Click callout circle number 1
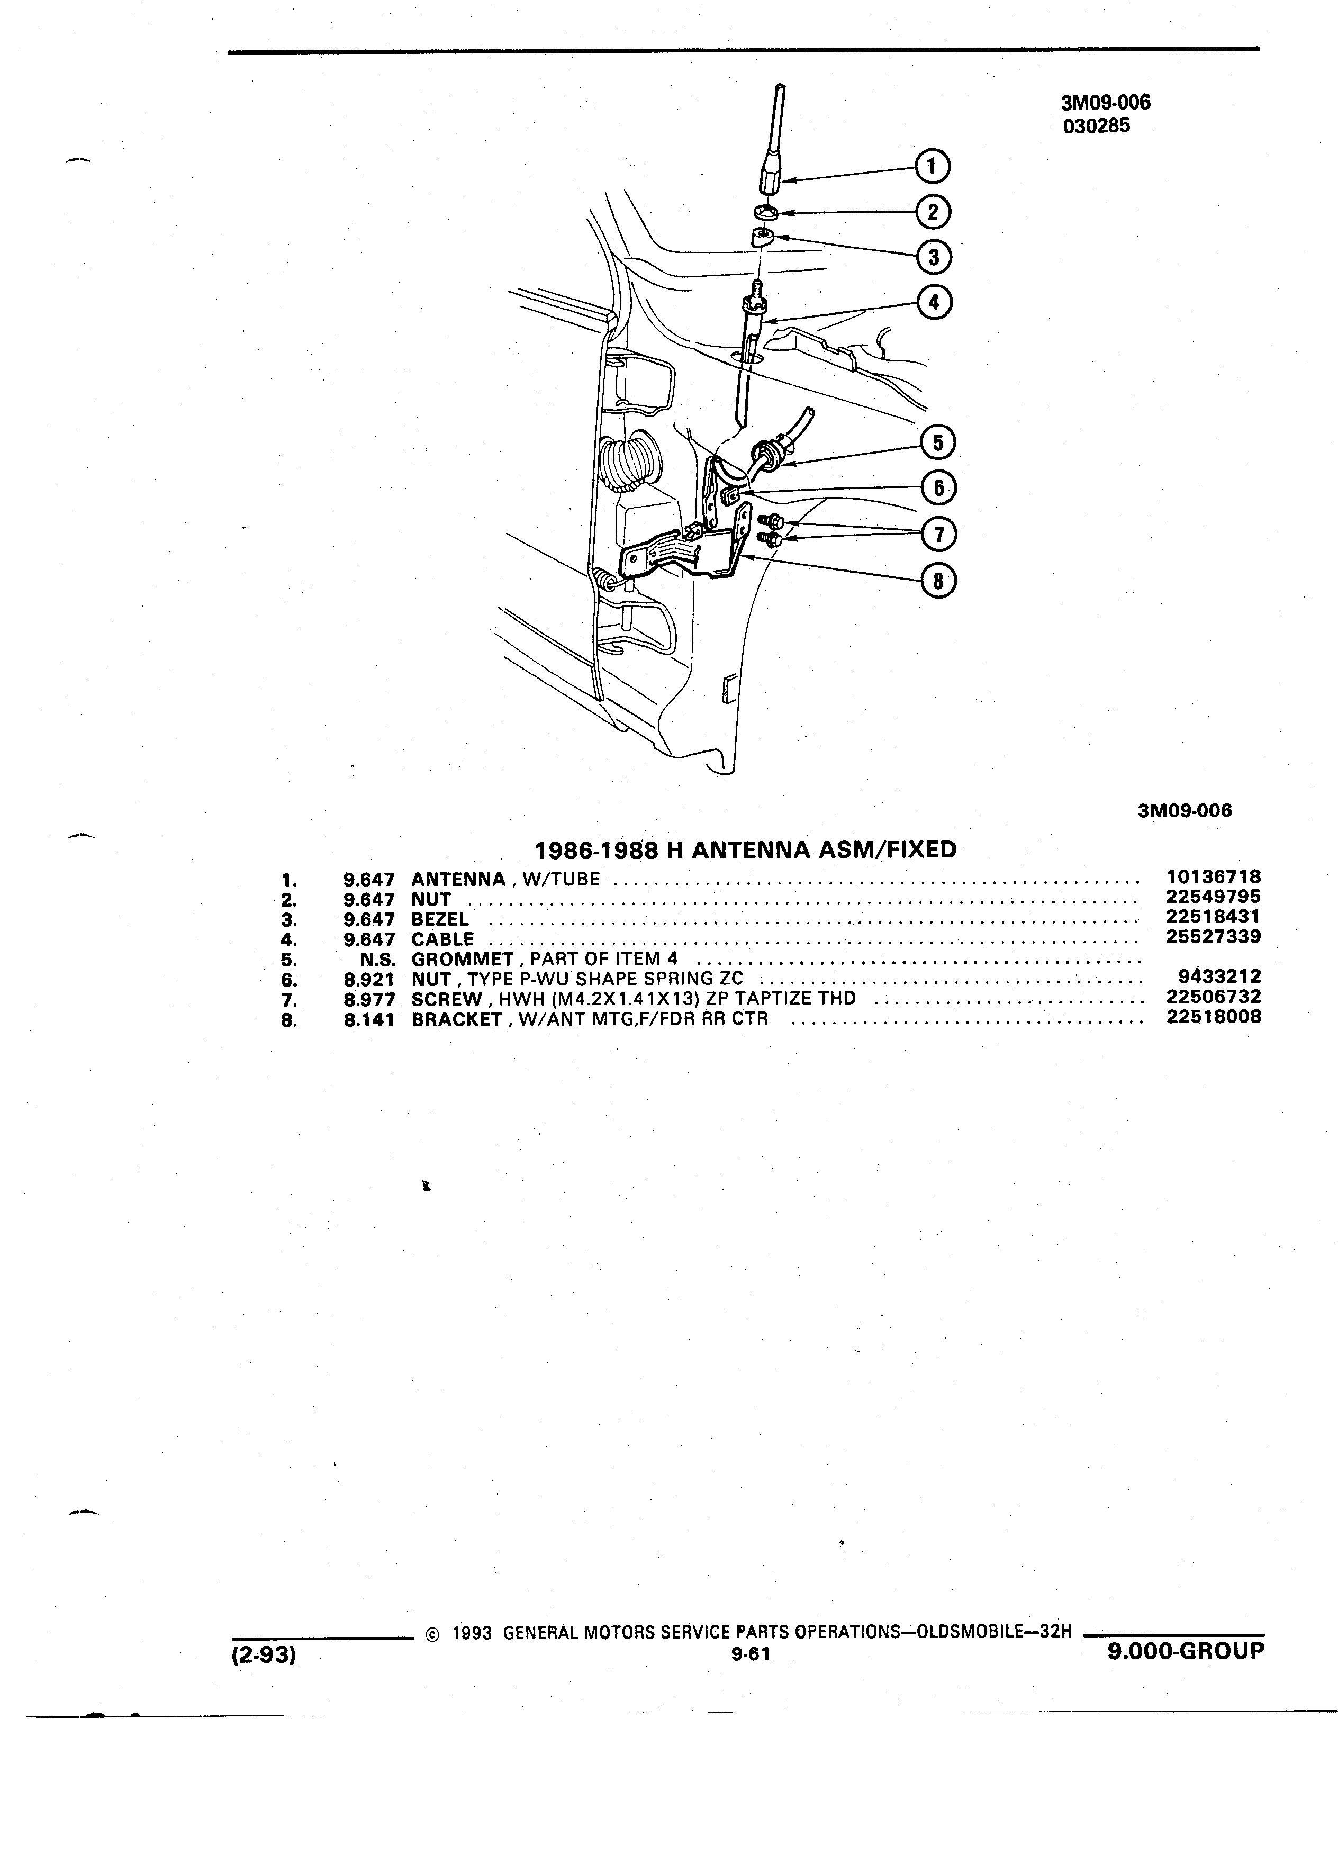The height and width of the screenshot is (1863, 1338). click(x=932, y=167)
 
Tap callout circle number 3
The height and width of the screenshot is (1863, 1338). click(x=934, y=258)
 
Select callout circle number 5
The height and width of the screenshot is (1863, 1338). click(x=938, y=444)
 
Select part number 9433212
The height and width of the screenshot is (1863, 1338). click(x=1219, y=976)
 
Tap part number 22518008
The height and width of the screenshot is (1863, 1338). click(x=1213, y=1017)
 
